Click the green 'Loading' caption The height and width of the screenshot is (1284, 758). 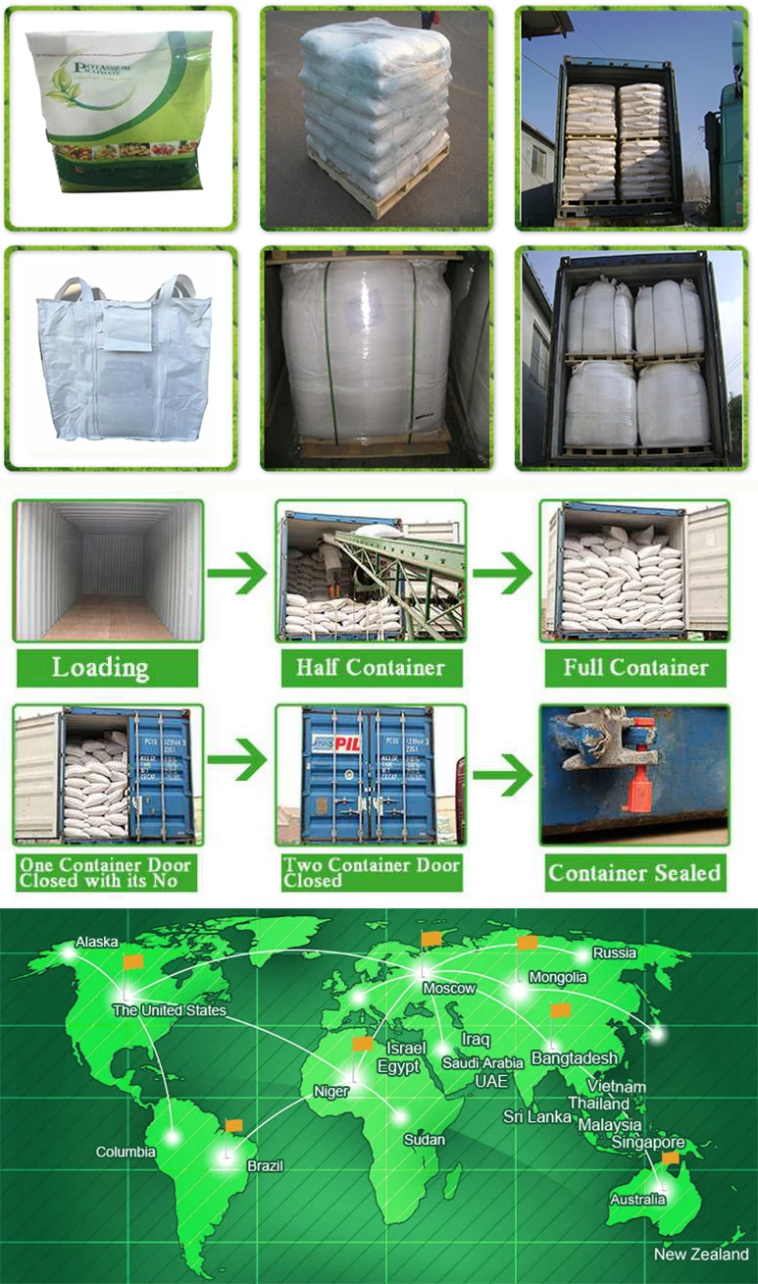tap(100, 669)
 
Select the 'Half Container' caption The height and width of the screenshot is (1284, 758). tap(370, 669)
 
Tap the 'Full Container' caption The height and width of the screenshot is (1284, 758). tap(635, 669)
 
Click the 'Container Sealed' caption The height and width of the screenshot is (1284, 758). tap(634, 873)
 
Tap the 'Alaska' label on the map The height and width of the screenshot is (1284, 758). tap(96, 942)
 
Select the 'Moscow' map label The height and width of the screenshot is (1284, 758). tap(449, 988)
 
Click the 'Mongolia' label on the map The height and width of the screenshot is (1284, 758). tap(558, 977)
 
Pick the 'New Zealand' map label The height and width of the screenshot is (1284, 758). tap(701, 1255)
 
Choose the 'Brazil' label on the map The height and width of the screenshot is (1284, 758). tap(265, 1165)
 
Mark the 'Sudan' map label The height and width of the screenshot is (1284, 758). tap(424, 1140)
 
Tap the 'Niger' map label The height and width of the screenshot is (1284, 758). tap(331, 1091)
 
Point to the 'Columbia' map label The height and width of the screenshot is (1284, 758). tap(126, 1152)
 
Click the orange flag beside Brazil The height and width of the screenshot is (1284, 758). tap(233, 1126)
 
